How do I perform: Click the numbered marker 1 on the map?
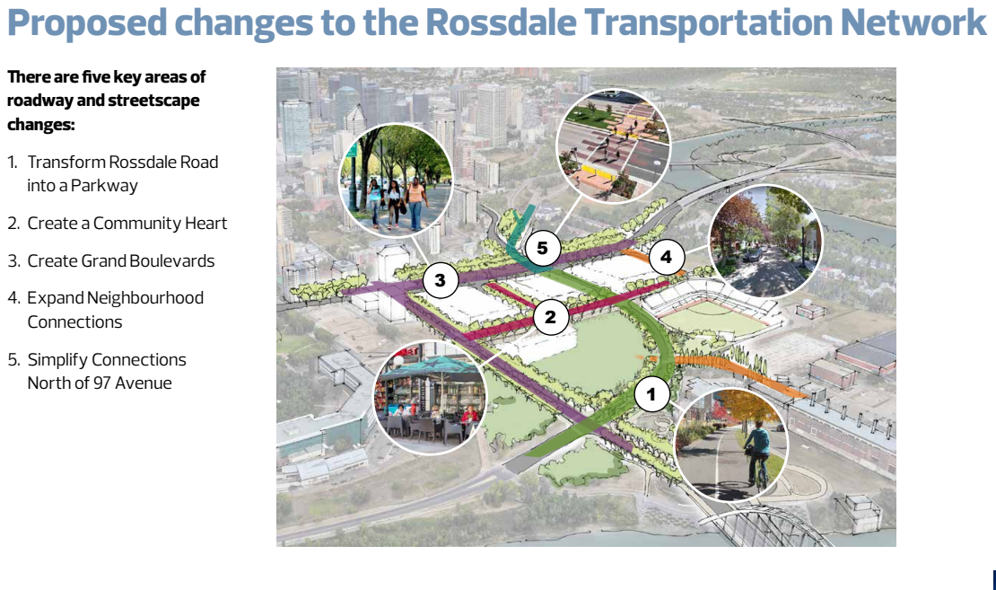click(651, 393)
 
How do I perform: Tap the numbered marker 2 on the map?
click(550, 316)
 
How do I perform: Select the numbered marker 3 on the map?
click(440, 280)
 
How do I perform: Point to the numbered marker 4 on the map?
click(665, 257)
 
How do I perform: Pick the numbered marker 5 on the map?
click(542, 248)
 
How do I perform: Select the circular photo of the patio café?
click(430, 397)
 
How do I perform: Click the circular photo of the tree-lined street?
click(764, 242)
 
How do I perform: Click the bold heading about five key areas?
click(107, 101)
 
